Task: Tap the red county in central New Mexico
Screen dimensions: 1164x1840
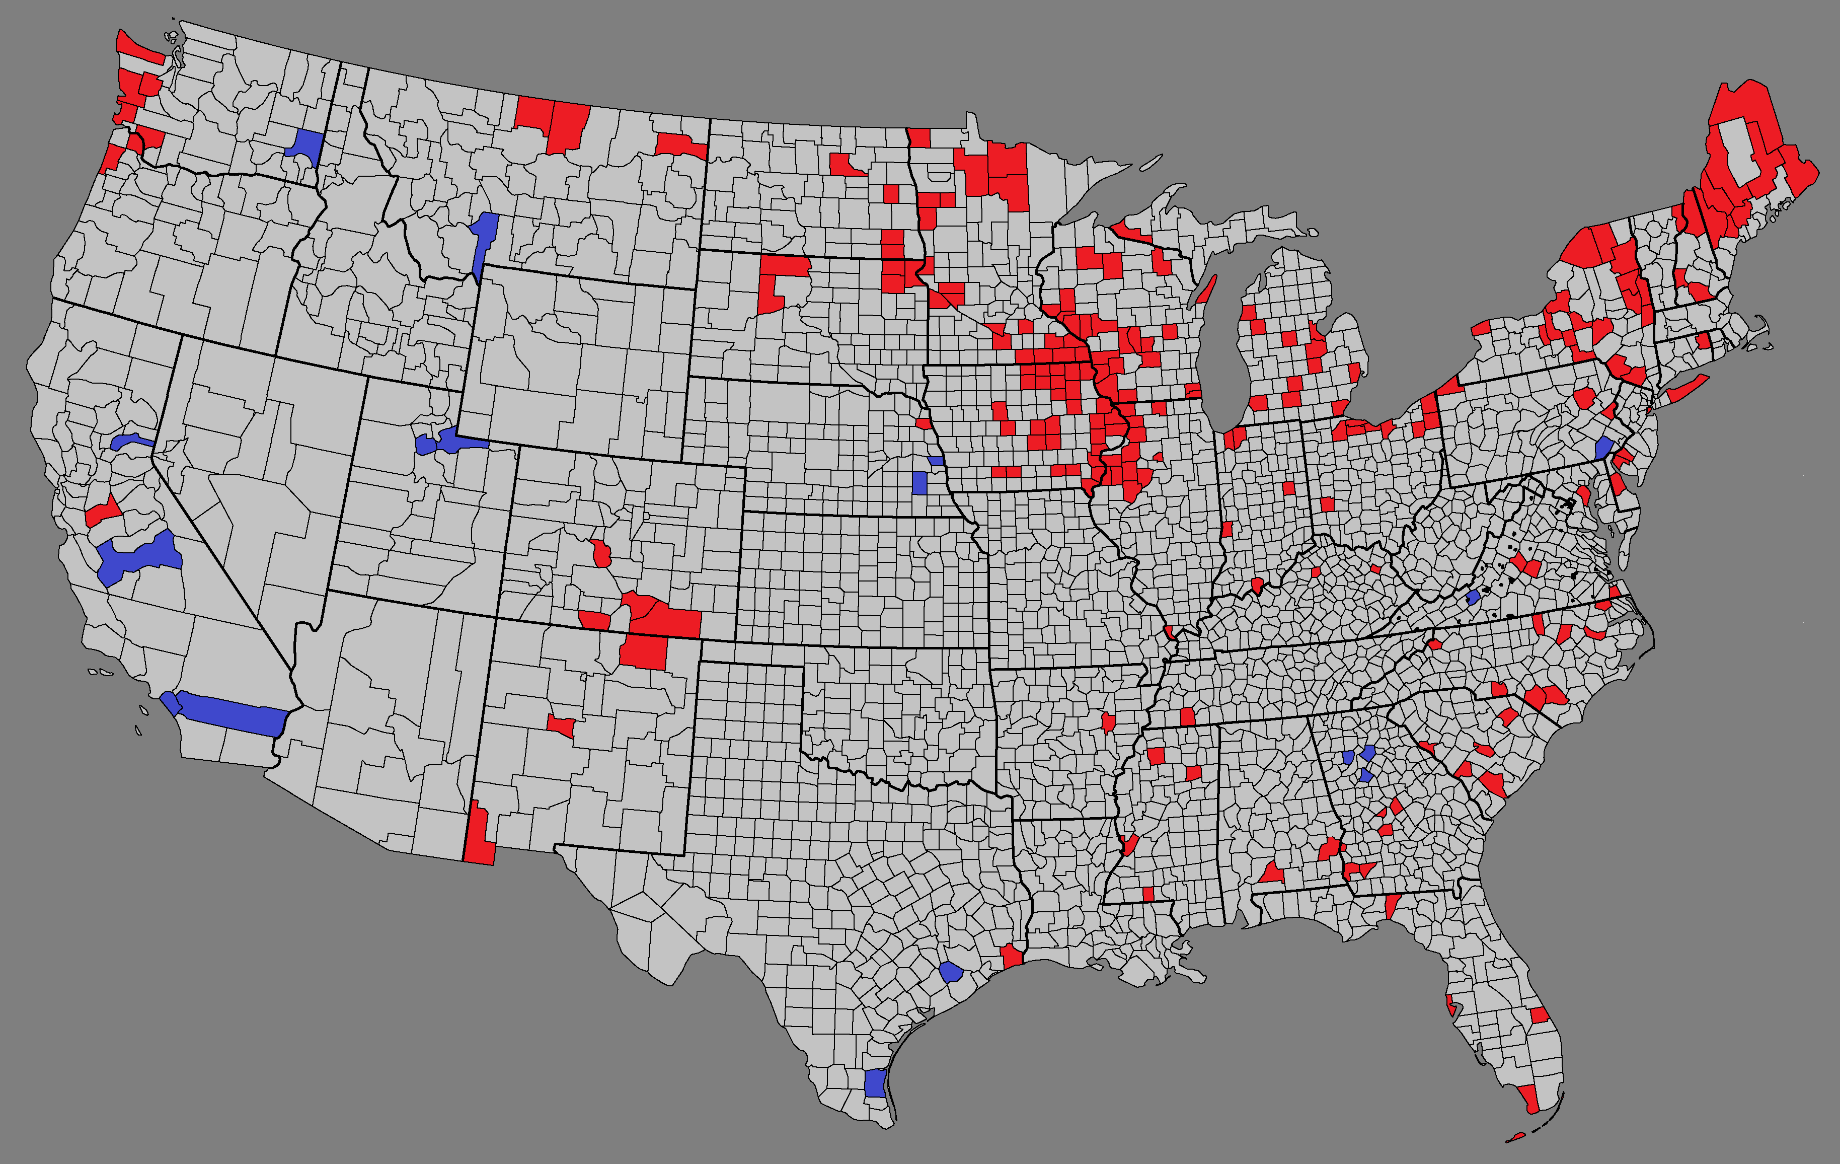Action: coord(562,725)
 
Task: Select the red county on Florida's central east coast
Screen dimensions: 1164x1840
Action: coord(1540,1015)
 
